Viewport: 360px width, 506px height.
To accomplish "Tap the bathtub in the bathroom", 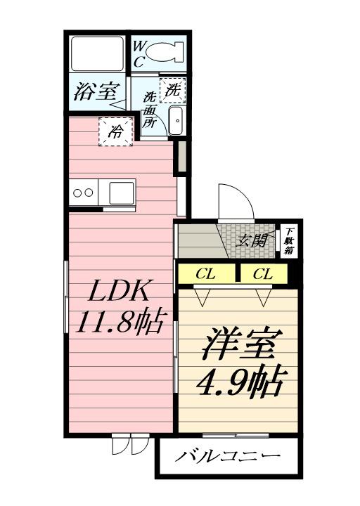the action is pos(97,53).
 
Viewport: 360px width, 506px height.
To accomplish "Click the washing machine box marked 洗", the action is pos(173,91).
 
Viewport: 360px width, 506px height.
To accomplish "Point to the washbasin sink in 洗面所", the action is pos(176,121).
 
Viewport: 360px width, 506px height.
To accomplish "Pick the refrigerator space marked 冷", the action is pos(116,131).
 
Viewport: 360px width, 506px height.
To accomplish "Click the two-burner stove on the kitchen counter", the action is pos(84,193).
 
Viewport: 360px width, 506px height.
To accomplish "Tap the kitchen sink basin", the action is pos(122,193).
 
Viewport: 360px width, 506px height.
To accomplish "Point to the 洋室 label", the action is pos(238,343).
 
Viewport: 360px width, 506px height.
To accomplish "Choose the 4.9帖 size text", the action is pos(238,382).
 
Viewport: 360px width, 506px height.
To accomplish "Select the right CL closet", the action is pos(264,274).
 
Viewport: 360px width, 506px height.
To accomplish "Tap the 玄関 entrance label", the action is pos(252,240).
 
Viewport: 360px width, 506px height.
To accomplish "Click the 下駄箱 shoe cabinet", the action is pos(289,241).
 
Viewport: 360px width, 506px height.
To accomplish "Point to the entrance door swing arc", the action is pos(241,192).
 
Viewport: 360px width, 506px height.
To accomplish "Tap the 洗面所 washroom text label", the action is pos(150,110).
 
